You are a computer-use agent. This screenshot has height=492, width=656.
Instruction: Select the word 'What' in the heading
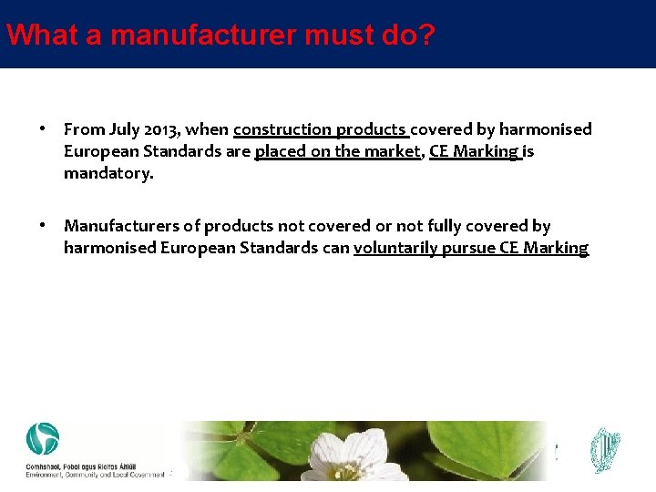click(33, 36)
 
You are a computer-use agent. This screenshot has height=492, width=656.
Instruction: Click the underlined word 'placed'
click(280, 151)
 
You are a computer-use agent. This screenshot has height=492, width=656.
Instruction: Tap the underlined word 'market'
click(394, 151)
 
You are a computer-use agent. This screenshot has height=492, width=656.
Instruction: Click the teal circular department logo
click(42, 439)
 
